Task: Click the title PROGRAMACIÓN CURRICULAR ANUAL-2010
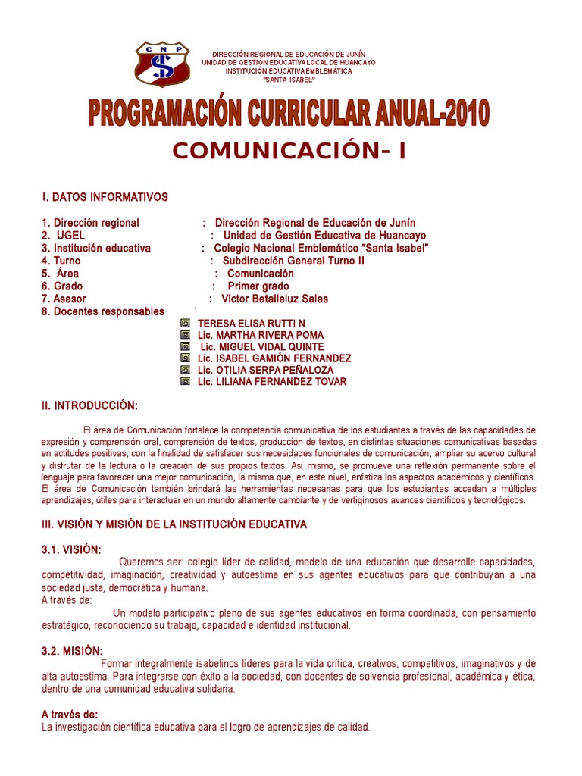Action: pyautogui.click(x=289, y=113)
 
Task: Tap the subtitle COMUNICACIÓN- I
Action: pyautogui.click(x=289, y=151)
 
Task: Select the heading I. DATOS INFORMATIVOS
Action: pyautogui.click(x=105, y=198)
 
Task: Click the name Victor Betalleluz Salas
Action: pyautogui.click(x=274, y=299)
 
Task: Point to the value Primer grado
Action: pyautogui.click(x=258, y=286)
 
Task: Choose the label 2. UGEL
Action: pyautogui.click(x=64, y=236)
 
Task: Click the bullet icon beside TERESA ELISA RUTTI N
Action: pyautogui.click(x=185, y=323)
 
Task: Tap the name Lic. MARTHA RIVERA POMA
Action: pyautogui.click(x=260, y=335)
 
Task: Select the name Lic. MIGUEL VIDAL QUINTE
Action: pyautogui.click(x=261, y=347)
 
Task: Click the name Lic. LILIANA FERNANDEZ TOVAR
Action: pyautogui.click(x=272, y=382)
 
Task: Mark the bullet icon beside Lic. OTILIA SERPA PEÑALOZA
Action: pyautogui.click(x=185, y=370)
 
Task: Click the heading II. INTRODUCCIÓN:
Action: pyautogui.click(x=90, y=406)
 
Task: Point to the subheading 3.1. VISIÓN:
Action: pyautogui.click(x=70, y=549)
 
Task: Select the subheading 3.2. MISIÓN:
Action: pyautogui.click(x=72, y=651)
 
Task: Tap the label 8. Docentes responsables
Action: pyautogui.click(x=103, y=311)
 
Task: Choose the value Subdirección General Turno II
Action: pyautogui.click(x=293, y=261)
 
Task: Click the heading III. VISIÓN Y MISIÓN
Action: pyautogui.click(x=174, y=524)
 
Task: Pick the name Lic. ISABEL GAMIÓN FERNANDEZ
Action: pyautogui.click(x=274, y=358)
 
